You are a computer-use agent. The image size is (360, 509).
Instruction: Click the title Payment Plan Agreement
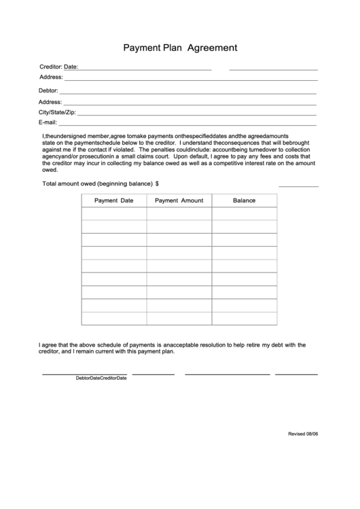[x=180, y=48]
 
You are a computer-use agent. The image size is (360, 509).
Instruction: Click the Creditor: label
[x=51, y=67]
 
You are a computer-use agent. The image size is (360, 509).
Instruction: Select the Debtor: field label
[x=48, y=90]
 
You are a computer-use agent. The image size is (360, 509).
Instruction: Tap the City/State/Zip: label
[x=57, y=111]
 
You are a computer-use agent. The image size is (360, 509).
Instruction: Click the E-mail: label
[x=48, y=122]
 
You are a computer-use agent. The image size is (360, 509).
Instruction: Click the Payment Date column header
[x=113, y=200]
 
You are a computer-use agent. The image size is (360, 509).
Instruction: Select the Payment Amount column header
[x=179, y=200]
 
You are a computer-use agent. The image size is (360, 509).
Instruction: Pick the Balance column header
[x=244, y=200]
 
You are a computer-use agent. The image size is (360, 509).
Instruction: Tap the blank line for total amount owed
[x=298, y=186]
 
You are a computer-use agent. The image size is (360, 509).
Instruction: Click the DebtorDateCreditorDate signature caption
[x=101, y=378]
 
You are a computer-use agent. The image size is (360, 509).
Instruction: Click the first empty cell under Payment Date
[x=113, y=214]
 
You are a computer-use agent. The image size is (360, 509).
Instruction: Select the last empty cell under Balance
[x=244, y=318]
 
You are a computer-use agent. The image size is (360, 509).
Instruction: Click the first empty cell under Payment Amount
[x=179, y=214]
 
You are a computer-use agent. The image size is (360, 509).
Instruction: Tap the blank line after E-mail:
[x=187, y=124]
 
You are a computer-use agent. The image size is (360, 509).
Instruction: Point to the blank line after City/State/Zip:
[x=197, y=113]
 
